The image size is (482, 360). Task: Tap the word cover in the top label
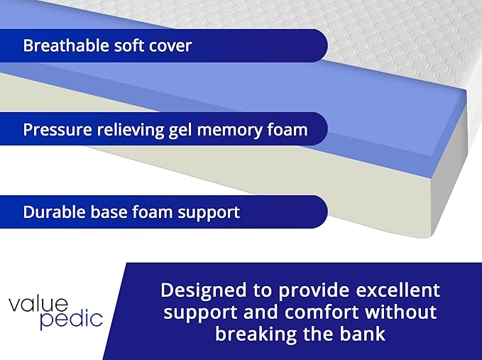click(x=170, y=46)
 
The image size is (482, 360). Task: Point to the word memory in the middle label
click(x=227, y=131)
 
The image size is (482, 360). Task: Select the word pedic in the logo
click(x=70, y=319)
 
